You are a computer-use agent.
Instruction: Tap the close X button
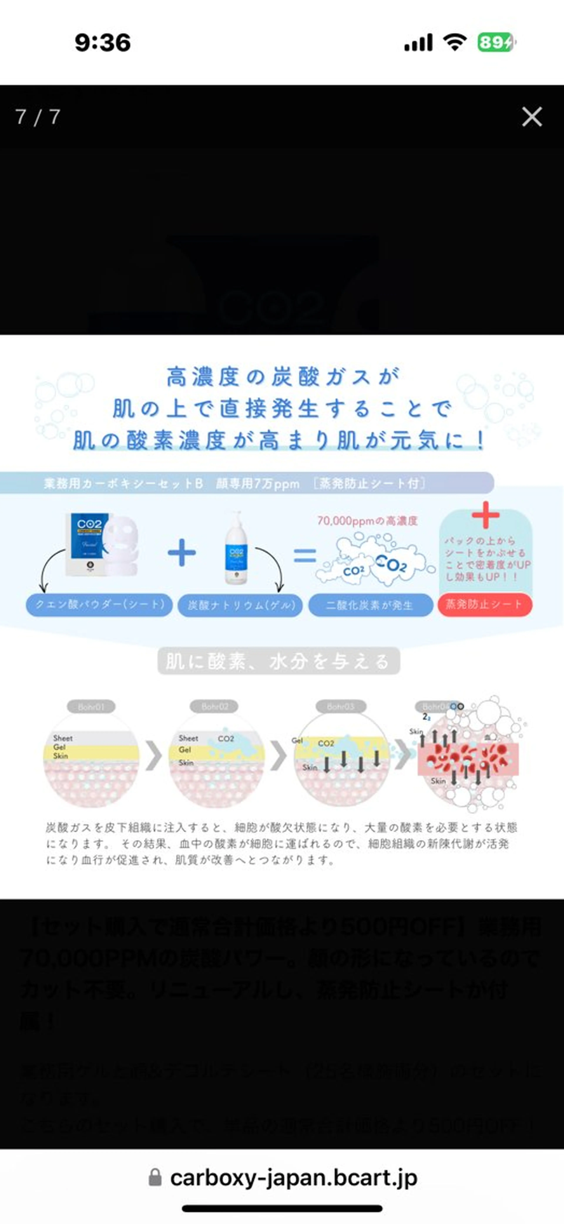532,116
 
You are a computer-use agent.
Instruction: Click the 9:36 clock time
103,43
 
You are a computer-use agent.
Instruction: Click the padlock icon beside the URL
155,1177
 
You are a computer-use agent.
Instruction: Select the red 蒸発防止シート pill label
484,604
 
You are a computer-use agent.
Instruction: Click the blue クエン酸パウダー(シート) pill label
99,604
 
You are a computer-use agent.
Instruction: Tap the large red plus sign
485,515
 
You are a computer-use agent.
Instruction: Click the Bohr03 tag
340,707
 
